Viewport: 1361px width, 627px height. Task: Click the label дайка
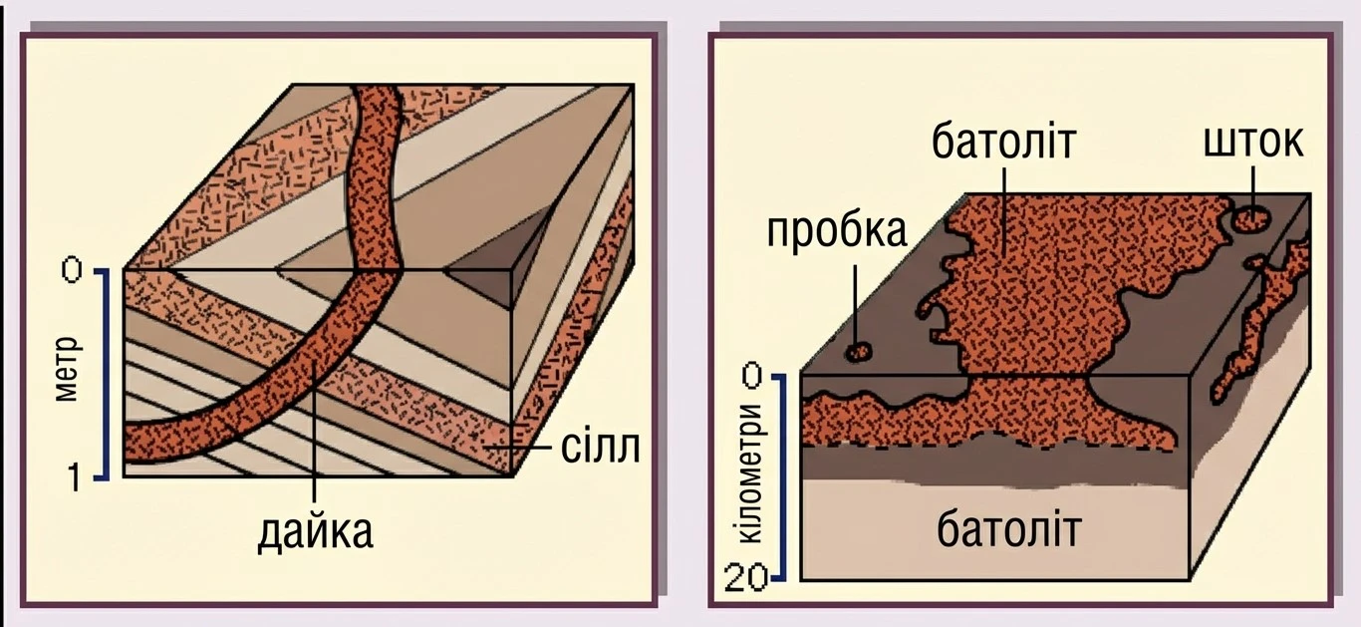[x=315, y=533]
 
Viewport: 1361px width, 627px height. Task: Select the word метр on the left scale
[x=68, y=369]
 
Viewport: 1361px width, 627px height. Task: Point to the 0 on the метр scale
[x=72, y=269]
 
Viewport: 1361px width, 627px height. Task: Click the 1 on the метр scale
[x=74, y=476]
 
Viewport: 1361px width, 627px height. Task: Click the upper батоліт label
[x=1003, y=142]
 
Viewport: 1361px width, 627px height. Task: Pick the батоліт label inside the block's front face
[x=1009, y=529]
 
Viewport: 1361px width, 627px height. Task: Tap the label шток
[x=1252, y=142]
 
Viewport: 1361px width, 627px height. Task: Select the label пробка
[x=837, y=231]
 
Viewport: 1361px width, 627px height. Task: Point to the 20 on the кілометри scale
[x=746, y=578]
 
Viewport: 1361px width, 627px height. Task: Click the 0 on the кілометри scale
[x=752, y=375]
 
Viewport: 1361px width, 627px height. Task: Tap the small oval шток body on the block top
[x=1250, y=218]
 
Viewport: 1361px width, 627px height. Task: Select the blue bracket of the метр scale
[x=106, y=374]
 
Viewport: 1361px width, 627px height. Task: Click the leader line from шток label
[x=1251, y=186]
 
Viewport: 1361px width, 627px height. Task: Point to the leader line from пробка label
[x=856, y=304]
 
